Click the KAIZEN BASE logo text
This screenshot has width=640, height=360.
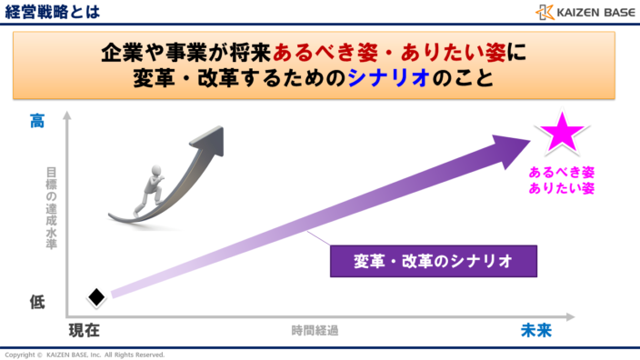tap(594, 12)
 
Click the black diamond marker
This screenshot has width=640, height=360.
tap(96, 296)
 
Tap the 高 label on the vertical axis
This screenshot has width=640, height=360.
tap(37, 120)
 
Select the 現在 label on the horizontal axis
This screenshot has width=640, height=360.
tap(84, 330)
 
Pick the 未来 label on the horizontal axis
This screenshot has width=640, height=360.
tap(536, 330)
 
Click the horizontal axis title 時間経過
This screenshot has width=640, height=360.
tap(315, 331)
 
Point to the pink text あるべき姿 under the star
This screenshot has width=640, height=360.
tap(562, 172)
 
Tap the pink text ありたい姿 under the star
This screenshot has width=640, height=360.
tap(562, 188)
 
